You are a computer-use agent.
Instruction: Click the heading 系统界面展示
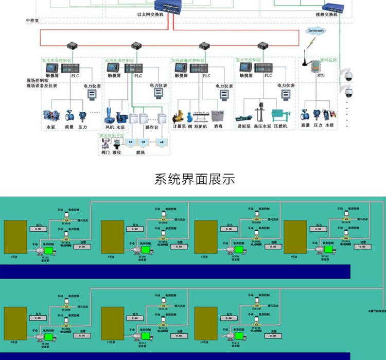195,179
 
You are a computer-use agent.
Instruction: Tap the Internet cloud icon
315,31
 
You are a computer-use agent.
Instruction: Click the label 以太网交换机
150,15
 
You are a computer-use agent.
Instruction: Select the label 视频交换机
326,15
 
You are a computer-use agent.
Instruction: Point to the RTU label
321,76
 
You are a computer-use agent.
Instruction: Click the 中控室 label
32,21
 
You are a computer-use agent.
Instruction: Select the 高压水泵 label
261,126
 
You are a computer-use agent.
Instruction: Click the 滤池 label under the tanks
141,152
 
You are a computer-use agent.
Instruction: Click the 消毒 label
218,126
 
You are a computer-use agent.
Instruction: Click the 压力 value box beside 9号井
38,318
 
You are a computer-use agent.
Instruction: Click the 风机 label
110,126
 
